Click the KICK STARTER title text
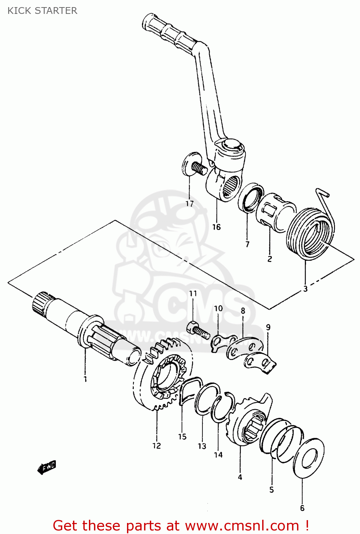[42, 11]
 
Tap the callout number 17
[189, 204]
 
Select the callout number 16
[216, 227]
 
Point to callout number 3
[305, 289]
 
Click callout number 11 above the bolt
[193, 293]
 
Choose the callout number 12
[157, 445]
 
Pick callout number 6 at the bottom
[302, 508]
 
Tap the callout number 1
[85, 379]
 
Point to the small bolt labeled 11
[197, 329]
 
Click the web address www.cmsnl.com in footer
[242, 525]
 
